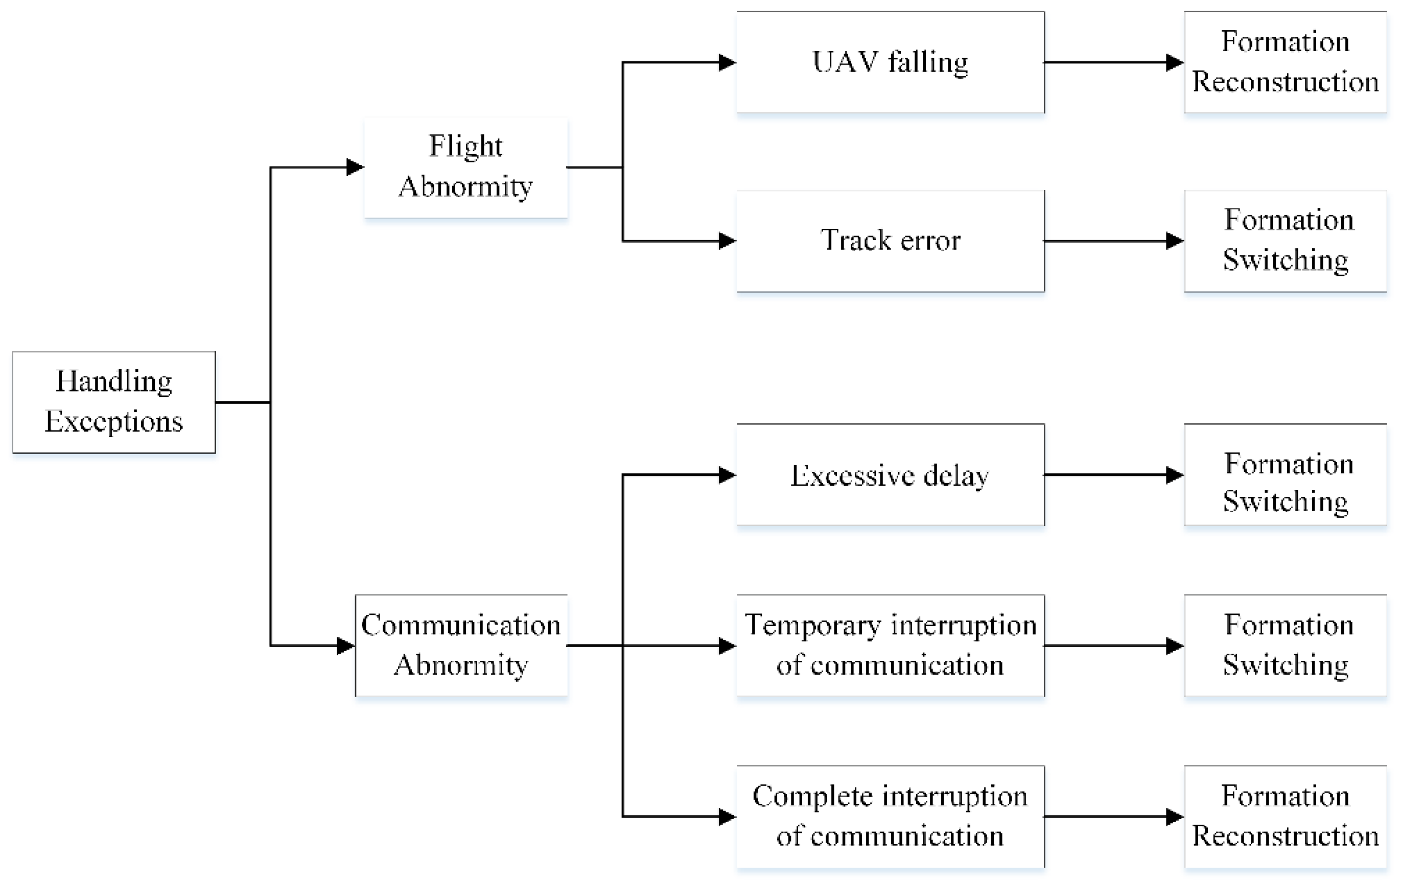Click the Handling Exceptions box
(x=113, y=402)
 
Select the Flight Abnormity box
(x=465, y=168)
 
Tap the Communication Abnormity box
(x=461, y=645)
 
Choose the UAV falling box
(x=890, y=62)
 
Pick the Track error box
(x=890, y=241)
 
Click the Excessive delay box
(x=890, y=474)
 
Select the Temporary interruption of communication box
(x=890, y=645)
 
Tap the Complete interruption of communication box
(x=890, y=816)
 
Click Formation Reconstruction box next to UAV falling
(x=1285, y=62)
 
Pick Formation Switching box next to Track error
(x=1285, y=241)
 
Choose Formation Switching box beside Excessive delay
(x=1285, y=474)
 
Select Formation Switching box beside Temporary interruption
(x=1285, y=645)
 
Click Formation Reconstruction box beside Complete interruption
(x=1285, y=816)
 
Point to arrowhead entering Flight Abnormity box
(x=355, y=168)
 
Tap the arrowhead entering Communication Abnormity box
(x=345, y=645)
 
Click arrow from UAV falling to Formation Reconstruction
(x=1111, y=62)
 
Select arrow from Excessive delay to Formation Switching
(x=1111, y=474)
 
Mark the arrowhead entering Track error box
(x=727, y=241)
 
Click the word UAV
(x=844, y=62)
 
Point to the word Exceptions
(x=113, y=422)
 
